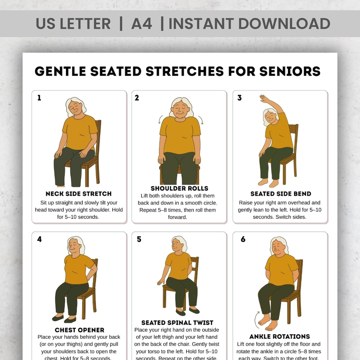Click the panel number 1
[x=39, y=98]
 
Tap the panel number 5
[x=139, y=239]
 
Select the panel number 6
[x=243, y=239]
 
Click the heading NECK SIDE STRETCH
[x=79, y=194]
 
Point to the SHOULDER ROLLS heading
[x=179, y=188]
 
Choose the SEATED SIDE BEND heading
[x=281, y=194]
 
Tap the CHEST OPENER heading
[x=79, y=330]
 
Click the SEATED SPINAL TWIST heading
[x=177, y=323]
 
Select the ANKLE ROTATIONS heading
[x=280, y=336]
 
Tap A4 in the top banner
[x=142, y=24]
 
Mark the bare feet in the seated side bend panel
[x=268, y=183]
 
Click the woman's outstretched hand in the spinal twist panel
[x=160, y=282]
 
